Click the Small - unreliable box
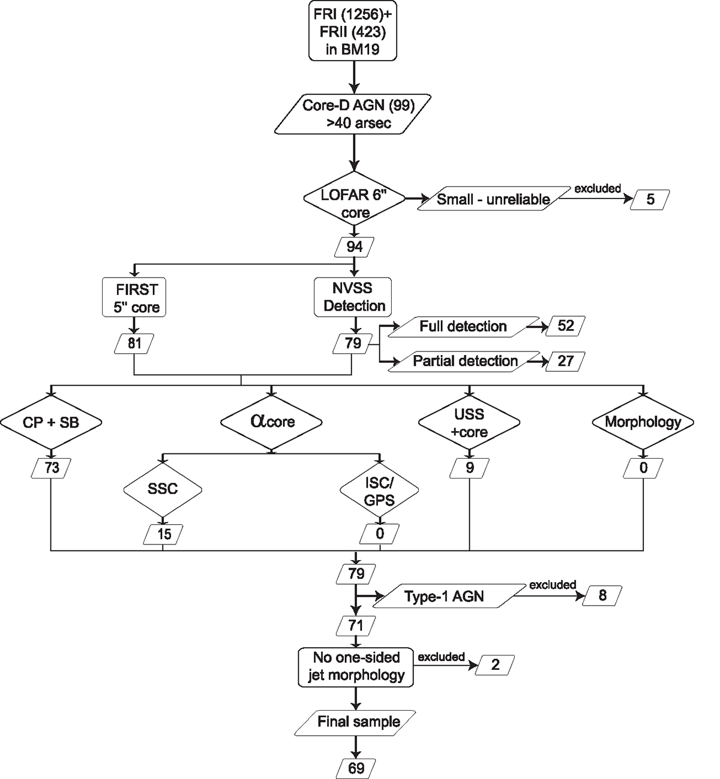pos(493,199)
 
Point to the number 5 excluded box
pos(650,199)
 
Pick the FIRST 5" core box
pos(134,297)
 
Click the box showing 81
pos(134,343)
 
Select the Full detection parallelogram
pos(463,326)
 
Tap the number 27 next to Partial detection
pos(565,361)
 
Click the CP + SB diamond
pos(52,423)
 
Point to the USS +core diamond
pos(470,423)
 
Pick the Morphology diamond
pos(643,422)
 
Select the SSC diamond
pos(163,489)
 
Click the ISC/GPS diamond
pos(380,491)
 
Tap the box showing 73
pos(52,467)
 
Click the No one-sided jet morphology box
pos(356,666)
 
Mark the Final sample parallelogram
pos(358,721)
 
